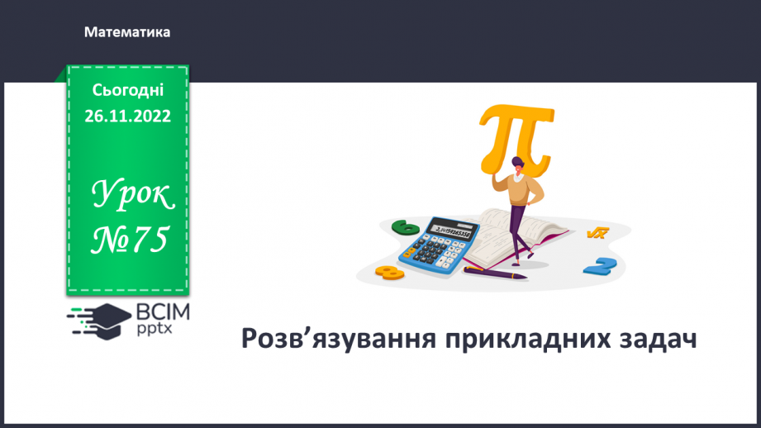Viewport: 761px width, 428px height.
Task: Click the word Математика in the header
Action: point(127,32)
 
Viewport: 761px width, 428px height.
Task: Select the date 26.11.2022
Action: point(128,116)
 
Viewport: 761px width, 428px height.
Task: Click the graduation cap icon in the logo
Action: point(106,318)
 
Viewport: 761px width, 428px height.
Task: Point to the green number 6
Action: point(406,226)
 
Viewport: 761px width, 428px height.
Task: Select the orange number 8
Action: point(388,270)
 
